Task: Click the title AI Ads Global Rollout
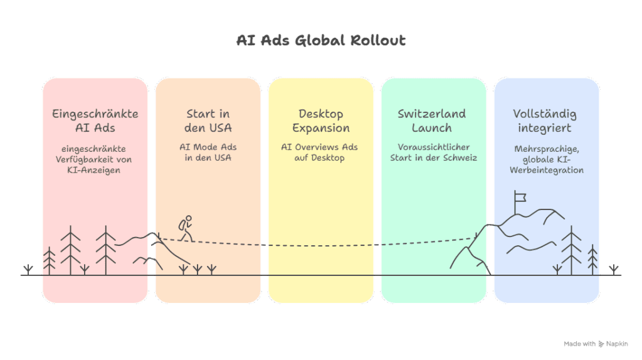click(321, 41)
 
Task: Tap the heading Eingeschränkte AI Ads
click(95, 121)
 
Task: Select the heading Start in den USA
click(208, 121)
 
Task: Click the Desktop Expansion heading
click(321, 121)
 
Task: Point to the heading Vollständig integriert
click(544, 121)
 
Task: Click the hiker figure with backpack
click(184, 228)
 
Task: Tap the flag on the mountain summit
click(519, 198)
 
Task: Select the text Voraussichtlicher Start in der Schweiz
click(433, 152)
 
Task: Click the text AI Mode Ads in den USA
click(208, 152)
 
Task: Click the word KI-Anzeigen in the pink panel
click(95, 170)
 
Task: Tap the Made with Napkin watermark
click(596, 344)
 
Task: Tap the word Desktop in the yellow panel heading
click(321, 114)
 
